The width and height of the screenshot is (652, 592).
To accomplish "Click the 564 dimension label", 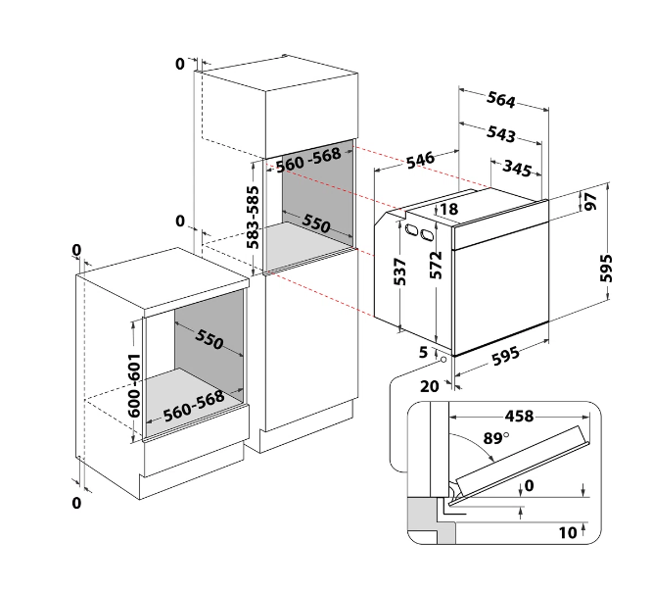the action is click(501, 100).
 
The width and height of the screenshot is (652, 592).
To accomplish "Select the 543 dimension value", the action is click(501, 133).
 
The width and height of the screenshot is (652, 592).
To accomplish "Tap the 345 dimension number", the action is click(517, 168).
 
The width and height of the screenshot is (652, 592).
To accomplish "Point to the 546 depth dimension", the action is click(420, 160).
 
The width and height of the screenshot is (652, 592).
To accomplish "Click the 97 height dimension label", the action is click(591, 202).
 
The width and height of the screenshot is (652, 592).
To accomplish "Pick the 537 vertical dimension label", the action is click(399, 271).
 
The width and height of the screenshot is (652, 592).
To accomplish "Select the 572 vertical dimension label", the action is click(436, 265).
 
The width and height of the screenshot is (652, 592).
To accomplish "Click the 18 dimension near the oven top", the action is click(449, 209).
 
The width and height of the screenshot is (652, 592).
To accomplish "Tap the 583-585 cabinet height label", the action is click(253, 218).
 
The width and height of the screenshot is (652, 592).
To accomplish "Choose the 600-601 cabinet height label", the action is click(134, 385).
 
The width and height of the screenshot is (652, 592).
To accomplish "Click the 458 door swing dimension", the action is click(519, 416).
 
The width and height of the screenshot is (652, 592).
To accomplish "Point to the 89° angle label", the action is click(496, 438).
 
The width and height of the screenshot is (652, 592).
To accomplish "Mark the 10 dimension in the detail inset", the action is click(568, 532).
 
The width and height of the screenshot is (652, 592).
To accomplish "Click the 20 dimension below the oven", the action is click(430, 386).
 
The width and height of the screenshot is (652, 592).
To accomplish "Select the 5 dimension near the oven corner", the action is click(423, 352).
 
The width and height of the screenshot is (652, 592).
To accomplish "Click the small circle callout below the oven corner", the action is click(443, 360).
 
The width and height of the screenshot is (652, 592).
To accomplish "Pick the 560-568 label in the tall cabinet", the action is click(308, 160).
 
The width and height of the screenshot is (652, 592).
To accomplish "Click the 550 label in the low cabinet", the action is click(210, 339).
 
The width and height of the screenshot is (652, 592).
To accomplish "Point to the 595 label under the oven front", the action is click(505, 356).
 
